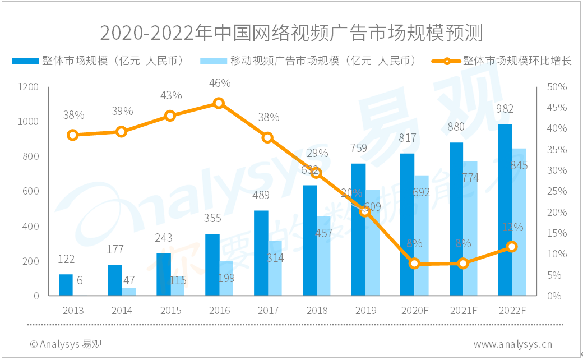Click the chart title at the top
click(291, 33)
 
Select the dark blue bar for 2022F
click(505, 210)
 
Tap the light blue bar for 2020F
click(422, 236)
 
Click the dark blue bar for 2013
click(66, 285)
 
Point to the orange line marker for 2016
click(219, 103)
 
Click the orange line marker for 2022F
click(511, 247)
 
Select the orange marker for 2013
click(73, 135)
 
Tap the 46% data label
click(219, 84)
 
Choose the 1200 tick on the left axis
click(29, 87)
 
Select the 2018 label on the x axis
click(317, 310)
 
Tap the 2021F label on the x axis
click(462, 310)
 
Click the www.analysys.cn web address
click(512, 344)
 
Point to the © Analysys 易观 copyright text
click(66, 344)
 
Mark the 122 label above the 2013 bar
click(66, 259)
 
